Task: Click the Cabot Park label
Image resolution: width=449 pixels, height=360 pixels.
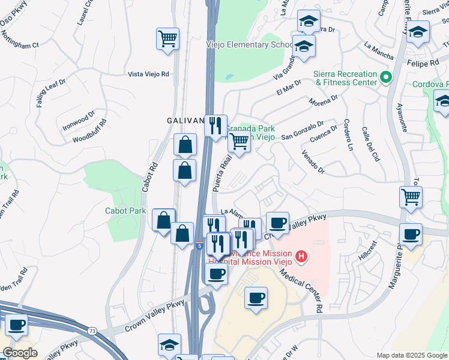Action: pyautogui.click(x=125, y=211)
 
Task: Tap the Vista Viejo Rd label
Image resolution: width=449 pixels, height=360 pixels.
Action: pyautogui.click(x=149, y=74)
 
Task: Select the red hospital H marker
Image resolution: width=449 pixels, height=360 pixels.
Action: pyautogui.click(x=301, y=257)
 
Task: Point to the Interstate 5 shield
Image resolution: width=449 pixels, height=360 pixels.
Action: pyautogui.click(x=199, y=245)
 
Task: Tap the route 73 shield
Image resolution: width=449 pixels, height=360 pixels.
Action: pyautogui.click(x=91, y=331)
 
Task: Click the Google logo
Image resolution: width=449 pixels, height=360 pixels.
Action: pyautogui.click(x=20, y=353)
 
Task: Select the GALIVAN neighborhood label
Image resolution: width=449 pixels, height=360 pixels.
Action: pyautogui.click(x=185, y=121)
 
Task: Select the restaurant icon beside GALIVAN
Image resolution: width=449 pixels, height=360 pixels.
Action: pyautogui.click(x=215, y=125)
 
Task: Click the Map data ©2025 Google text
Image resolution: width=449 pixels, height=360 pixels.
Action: pyautogui.click(x=411, y=355)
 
